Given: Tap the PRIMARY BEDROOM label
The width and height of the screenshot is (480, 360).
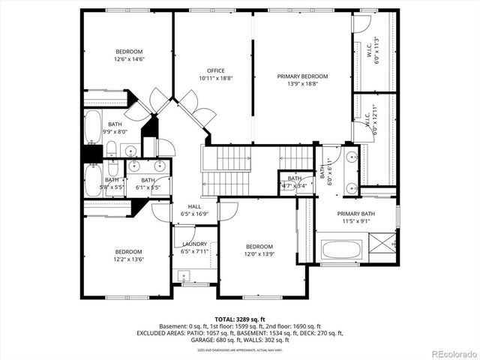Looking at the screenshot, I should (x=302, y=76).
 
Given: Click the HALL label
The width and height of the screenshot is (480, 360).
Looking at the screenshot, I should (x=194, y=206).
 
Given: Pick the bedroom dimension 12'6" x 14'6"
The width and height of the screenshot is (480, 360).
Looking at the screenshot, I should (x=128, y=59).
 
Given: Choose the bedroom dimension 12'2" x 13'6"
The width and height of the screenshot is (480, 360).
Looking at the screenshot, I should (x=128, y=259).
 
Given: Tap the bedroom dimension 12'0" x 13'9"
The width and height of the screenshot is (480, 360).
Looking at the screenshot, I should (x=259, y=254).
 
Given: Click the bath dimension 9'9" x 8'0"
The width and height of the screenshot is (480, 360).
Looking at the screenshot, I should (x=115, y=131).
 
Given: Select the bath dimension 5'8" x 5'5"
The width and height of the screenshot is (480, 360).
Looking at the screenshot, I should (x=112, y=187).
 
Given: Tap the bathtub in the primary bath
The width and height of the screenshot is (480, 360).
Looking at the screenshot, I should (x=341, y=248).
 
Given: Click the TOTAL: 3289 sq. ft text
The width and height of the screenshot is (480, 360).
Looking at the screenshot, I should (x=240, y=319).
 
